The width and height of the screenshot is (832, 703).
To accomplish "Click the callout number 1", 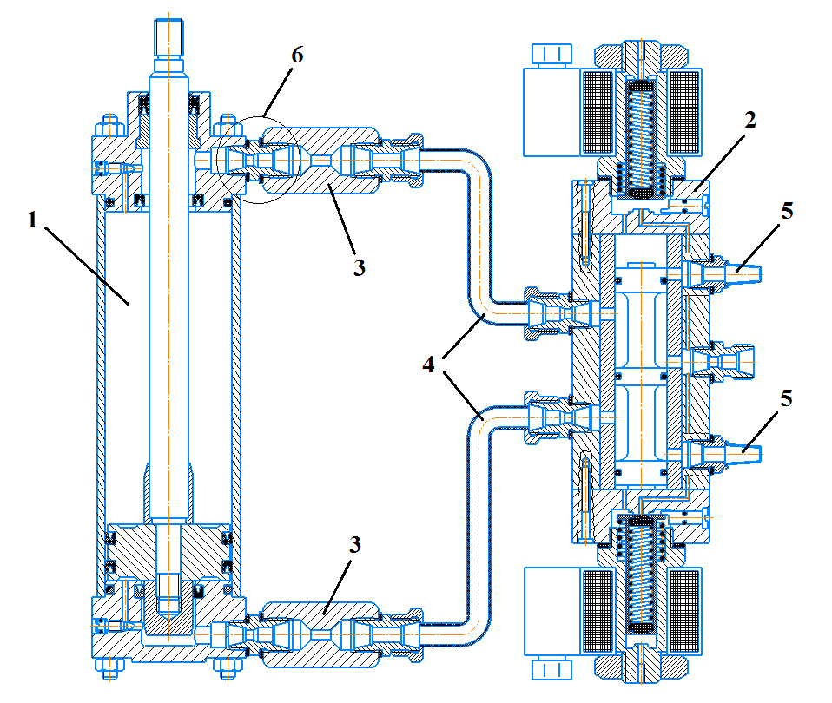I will coord(32,220).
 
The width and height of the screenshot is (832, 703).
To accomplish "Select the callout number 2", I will coord(749,120).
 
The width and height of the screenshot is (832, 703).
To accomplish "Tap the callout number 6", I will coord(297,56).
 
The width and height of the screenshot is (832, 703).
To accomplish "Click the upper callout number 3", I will coord(358,267).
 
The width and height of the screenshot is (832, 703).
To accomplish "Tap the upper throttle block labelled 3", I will coord(321,161).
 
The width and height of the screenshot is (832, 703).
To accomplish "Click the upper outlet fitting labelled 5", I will coord(725,272).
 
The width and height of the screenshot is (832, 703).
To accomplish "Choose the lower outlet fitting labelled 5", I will coord(725,450).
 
